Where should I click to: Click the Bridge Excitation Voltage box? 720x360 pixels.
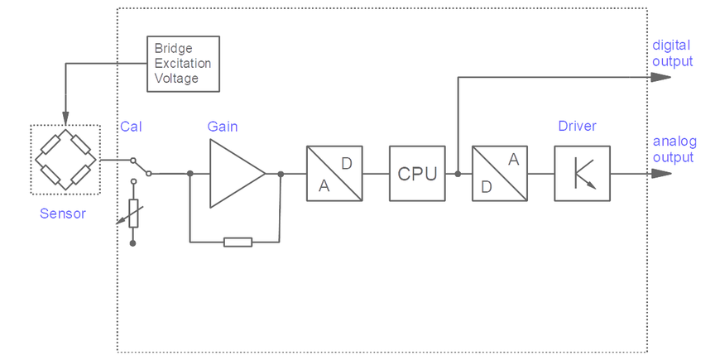coord(183,64)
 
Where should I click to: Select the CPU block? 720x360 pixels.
coord(417,174)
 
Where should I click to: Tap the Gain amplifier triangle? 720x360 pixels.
coord(234,174)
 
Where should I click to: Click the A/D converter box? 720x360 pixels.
coord(334,174)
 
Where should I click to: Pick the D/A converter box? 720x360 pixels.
coord(500,174)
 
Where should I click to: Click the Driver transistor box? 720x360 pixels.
coord(582,174)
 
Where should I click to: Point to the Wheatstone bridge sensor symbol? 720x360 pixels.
coord(65,160)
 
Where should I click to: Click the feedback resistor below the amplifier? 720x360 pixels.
coord(238,242)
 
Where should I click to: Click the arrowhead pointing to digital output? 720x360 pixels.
coord(660,77)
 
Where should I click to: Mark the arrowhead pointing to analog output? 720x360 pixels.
coord(660,174)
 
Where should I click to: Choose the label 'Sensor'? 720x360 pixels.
coord(63,214)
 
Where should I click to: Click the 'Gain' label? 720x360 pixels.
coord(222,127)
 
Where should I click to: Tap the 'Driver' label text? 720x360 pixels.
coord(577,127)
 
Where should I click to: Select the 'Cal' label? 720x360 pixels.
coord(131,127)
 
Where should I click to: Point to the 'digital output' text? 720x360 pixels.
coord(672,53)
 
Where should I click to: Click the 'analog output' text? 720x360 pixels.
coord(673,149)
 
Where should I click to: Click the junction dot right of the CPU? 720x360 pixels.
coord(458,174)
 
